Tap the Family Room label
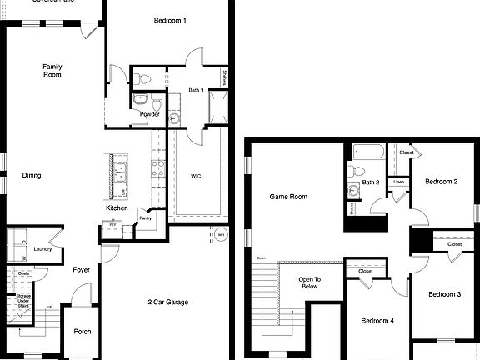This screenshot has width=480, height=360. (x=53, y=70)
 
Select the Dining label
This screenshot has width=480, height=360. (x=32, y=175)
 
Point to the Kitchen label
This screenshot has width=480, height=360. (x=117, y=207)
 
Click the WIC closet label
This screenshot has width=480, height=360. (x=196, y=176)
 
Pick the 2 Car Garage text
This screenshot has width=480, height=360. (x=172, y=302)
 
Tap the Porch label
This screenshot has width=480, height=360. (x=82, y=331)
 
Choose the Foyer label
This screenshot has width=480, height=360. (x=82, y=269)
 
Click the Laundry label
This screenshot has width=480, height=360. (x=43, y=249)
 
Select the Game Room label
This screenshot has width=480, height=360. (x=288, y=197)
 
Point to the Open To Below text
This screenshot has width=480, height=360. (x=310, y=283)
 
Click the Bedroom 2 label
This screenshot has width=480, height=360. (x=441, y=181)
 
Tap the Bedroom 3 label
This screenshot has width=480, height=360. (x=445, y=294)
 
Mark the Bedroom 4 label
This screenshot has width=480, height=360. (x=377, y=320)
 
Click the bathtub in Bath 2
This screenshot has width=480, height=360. (x=367, y=152)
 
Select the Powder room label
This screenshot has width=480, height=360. (x=150, y=114)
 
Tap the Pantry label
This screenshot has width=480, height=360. (x=146, y=218)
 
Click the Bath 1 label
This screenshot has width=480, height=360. (x=196, y=90)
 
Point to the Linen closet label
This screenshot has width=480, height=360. (x=399, y=182)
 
